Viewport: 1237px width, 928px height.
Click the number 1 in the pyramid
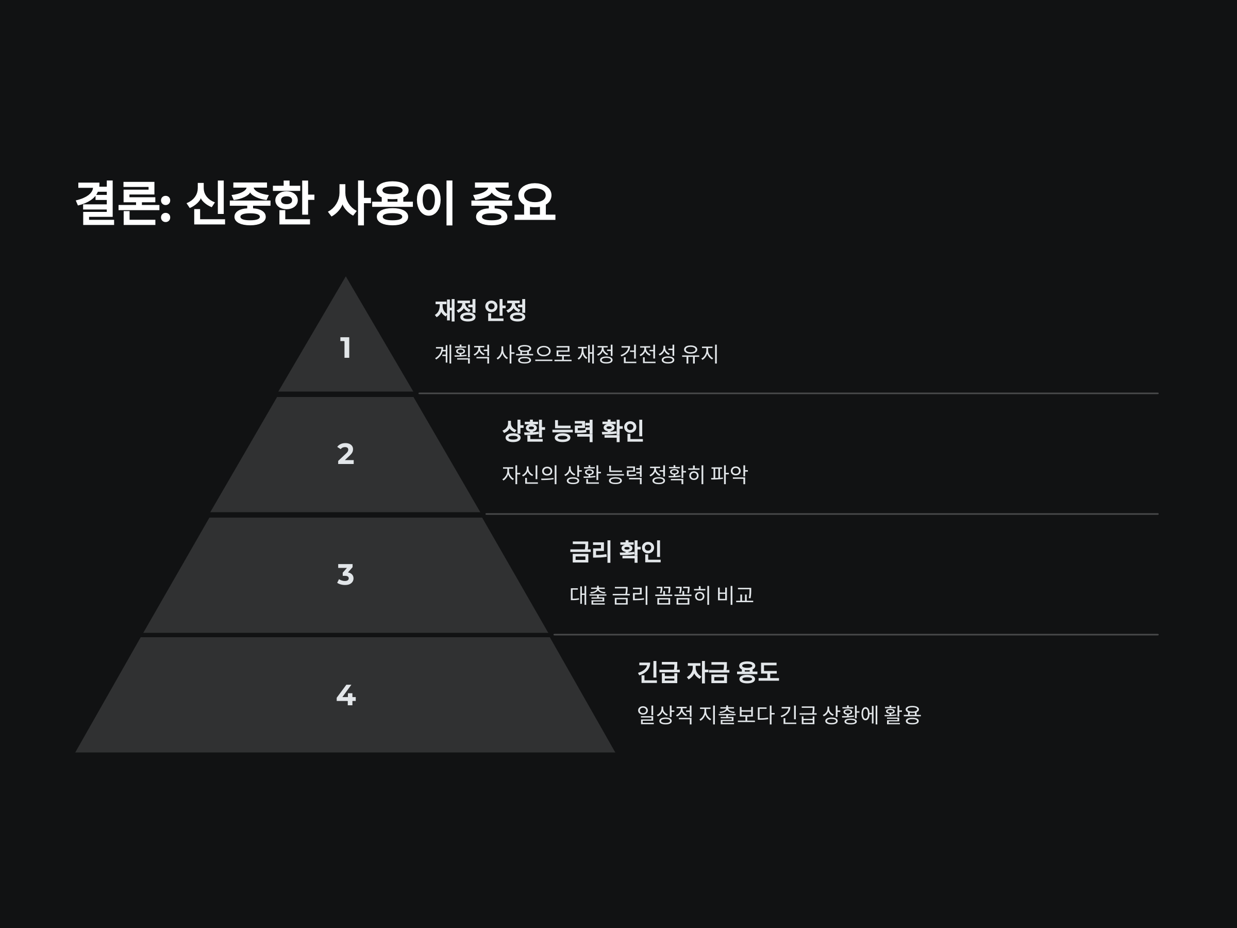[x=346, y=348]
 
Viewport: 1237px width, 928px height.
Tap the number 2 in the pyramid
[x=346, y=454]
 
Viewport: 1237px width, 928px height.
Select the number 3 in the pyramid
[x=346, y=574]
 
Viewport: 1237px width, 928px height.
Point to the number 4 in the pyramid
[x=346, y=695]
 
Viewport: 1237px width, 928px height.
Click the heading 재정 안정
[x=480, y=310]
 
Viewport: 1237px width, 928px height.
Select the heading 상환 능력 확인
[x=573, y=430]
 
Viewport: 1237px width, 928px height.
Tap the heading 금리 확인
[x=615, y=552]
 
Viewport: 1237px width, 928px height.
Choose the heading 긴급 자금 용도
[x=708, y=672]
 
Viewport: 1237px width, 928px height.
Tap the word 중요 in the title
[x=512, y=204]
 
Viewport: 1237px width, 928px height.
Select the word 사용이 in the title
[x=391, y=204]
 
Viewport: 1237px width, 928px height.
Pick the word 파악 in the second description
[x=729, y=475]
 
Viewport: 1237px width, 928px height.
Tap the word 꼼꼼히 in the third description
[x=682, y=595]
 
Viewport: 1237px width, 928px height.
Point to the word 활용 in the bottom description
[x=901, y=716]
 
